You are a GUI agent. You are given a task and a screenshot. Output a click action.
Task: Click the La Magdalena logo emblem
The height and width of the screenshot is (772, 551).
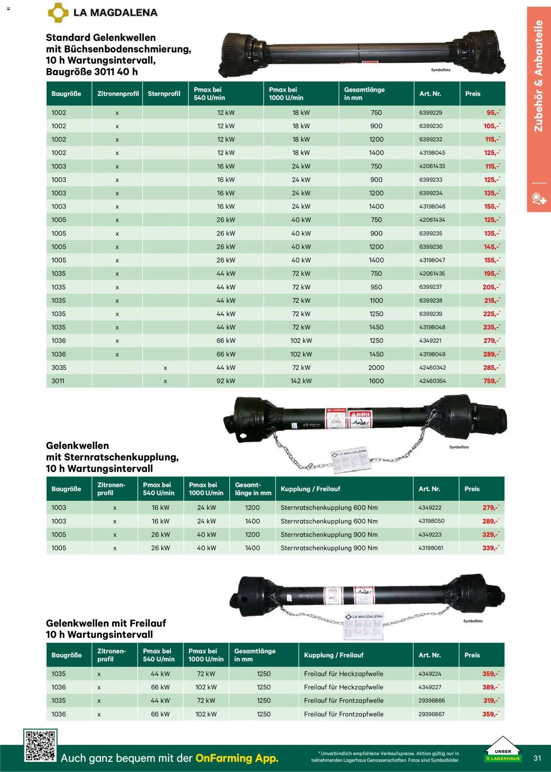58,13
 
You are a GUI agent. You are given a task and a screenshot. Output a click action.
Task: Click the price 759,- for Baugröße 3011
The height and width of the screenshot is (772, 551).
491,381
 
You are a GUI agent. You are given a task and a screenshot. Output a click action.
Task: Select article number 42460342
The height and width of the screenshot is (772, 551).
432,368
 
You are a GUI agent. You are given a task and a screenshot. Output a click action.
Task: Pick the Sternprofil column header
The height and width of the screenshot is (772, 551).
164,94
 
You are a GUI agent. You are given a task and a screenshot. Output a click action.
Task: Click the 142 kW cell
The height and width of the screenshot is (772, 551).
301,381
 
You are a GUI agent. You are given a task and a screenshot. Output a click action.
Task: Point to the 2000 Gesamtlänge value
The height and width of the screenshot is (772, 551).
376,368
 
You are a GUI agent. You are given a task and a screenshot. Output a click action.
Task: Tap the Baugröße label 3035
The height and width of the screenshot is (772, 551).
59,368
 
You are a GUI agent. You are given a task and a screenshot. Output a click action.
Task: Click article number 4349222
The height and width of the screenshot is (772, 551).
430,508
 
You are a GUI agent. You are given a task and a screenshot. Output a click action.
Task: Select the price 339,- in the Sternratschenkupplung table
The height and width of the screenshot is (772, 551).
490,548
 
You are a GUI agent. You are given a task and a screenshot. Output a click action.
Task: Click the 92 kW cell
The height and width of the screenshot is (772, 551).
226,381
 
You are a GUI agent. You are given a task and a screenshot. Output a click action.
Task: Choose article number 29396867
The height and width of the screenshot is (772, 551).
432,714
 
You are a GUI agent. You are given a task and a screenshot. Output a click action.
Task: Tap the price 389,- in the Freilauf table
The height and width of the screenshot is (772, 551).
490,687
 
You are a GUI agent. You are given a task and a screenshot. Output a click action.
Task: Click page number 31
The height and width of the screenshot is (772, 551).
537,758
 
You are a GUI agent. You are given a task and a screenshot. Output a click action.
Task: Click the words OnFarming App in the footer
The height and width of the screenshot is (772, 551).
237,758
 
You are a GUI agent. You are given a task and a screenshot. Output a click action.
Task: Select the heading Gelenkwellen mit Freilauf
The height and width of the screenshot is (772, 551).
106,623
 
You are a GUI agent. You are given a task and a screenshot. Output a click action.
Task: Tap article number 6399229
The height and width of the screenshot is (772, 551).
430,113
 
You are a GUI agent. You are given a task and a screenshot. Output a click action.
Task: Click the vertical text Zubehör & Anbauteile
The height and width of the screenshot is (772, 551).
539,76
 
